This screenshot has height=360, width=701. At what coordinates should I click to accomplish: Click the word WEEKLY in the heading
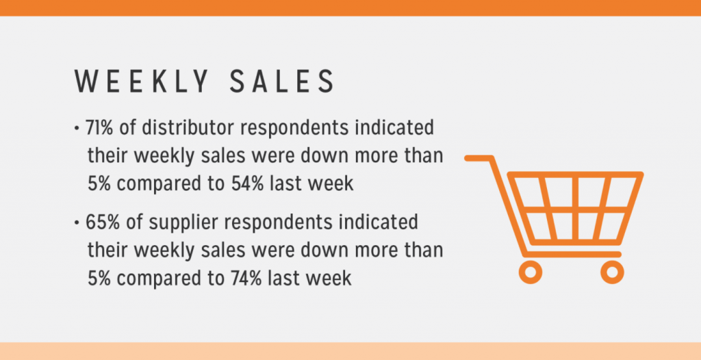142,81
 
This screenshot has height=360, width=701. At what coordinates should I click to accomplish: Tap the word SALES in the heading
282,81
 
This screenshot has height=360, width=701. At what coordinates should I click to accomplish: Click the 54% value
248,183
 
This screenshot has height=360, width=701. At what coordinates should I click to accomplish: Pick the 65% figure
103,222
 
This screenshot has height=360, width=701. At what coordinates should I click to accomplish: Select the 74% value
247,278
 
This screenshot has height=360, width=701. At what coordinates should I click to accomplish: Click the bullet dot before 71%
77,129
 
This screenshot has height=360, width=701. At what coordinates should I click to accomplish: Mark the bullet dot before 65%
77,222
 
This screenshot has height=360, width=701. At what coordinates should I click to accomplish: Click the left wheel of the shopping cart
531,272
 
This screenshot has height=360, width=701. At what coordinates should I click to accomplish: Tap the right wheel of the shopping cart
612,272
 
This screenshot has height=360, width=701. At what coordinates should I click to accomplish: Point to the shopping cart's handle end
467,158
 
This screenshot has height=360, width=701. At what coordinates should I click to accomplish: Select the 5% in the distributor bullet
99,183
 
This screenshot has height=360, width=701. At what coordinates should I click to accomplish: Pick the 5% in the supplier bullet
99,278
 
